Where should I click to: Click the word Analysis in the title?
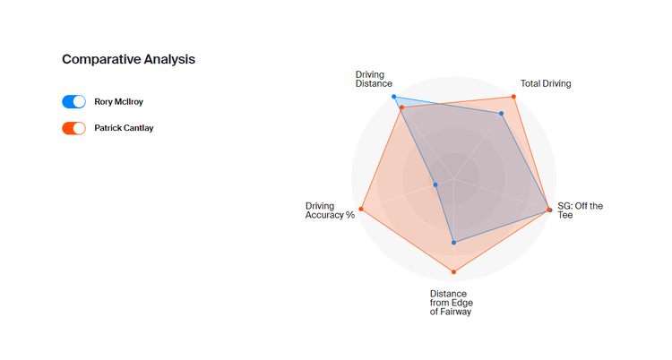168,59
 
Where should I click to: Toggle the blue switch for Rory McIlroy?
74,102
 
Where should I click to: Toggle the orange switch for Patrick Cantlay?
74,128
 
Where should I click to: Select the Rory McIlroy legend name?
118,102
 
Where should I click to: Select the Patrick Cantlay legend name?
124,128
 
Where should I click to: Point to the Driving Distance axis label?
374,79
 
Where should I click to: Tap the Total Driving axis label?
546,83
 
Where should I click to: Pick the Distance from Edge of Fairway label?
450,303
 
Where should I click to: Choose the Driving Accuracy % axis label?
330,210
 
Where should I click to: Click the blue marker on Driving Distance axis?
394,97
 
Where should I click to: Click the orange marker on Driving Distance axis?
402,108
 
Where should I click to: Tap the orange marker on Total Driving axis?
513,97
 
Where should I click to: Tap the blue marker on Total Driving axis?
502,114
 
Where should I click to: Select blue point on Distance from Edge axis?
454,242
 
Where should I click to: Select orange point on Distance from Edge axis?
454,271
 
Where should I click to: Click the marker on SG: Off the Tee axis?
548,210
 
